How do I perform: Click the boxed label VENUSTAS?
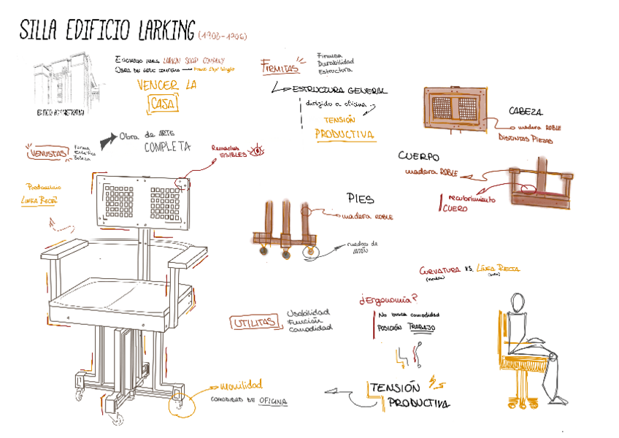pos(47,154)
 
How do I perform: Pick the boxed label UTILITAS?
pos(255,322)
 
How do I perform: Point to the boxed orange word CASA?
pos(162,104)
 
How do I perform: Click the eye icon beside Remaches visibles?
pos(256,153)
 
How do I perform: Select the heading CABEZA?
pos(526,112)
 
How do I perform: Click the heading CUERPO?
pos(419,156)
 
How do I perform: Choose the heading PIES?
pos(361,198)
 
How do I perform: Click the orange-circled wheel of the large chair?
pos(177,401)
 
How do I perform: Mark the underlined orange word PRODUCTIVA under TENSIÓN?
pos(345,134)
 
